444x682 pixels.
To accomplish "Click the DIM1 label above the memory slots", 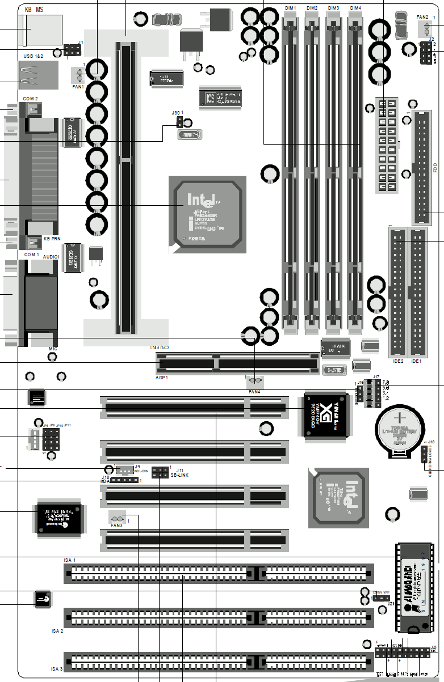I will click(x=290, y=7).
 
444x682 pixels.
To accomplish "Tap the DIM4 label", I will click(x=355, y=7).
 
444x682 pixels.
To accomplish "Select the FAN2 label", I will click(x=422, y=17).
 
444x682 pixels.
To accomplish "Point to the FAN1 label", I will click(x=78, y=87).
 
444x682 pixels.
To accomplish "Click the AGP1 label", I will click(x=162, y=377).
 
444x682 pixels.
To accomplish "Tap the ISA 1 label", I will click(x=70, y=560).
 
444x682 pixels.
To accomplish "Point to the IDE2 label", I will click(x=398, y=361).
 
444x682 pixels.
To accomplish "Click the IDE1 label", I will click(x=417, y=361).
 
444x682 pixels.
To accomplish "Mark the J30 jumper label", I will click(x=177, y=113).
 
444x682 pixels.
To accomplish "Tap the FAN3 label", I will click(x=116, y=526).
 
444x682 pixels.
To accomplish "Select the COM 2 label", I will click(x=31, y=99).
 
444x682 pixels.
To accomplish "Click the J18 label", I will click(x=431, y=442).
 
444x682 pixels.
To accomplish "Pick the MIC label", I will click(x=52, y=349).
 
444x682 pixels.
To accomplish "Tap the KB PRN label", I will click(x=53, y=239).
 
